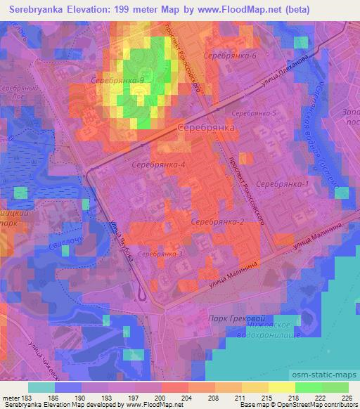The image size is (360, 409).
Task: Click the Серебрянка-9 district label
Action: [117, 81]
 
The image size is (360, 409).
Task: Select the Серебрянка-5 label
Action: [255, 113]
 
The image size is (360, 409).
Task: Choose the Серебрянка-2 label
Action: [217, 221]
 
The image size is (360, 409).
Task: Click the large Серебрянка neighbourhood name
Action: [205, 129]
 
